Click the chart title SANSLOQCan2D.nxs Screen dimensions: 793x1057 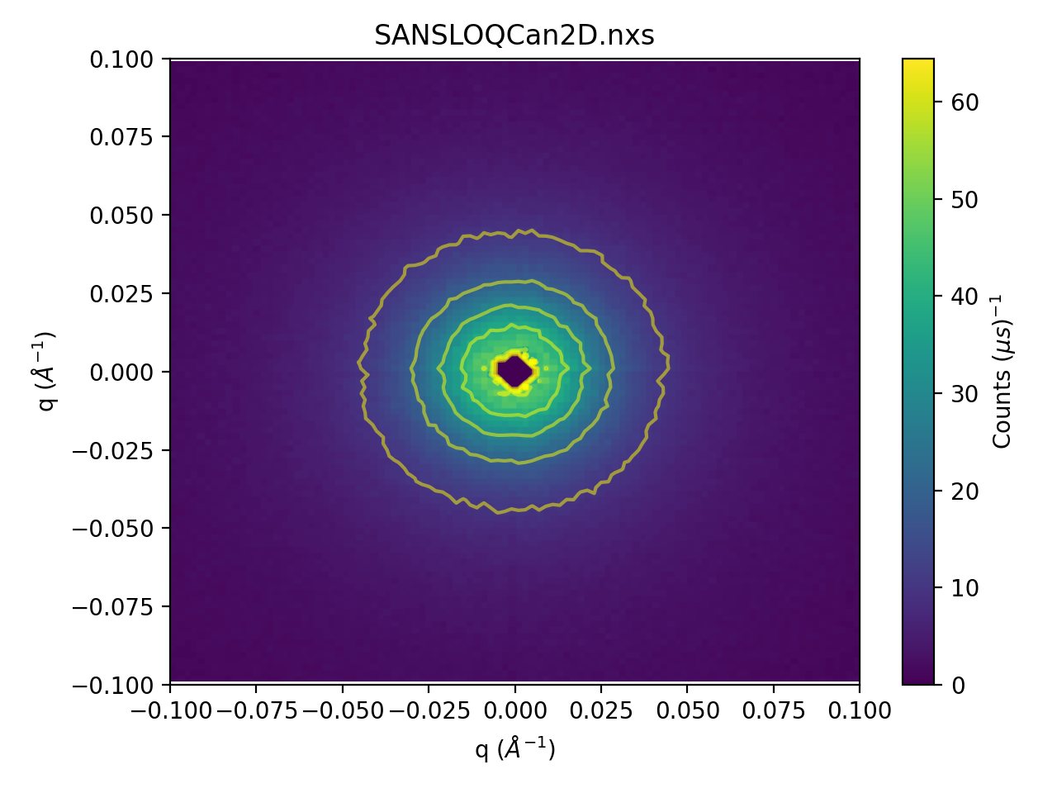514,36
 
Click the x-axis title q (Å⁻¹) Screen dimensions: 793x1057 514,748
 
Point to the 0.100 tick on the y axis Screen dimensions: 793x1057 121,59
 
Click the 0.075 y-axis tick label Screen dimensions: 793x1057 121,137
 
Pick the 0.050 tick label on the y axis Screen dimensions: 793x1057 121,216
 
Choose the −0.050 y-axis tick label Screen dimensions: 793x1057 113,529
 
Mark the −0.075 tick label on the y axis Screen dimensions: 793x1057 113,607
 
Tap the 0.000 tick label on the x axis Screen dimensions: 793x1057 514,710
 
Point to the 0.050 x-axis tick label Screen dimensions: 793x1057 687,710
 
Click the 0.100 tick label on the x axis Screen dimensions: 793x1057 860,710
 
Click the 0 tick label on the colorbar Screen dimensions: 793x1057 958,686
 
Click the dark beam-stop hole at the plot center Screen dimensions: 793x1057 515,372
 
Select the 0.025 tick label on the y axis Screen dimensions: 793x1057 121,294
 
